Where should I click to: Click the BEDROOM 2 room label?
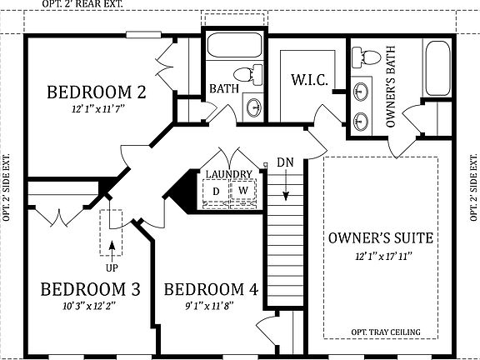pos(97,91)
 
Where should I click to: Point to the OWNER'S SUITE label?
pos(380,238)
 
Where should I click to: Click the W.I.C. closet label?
pos(307,80)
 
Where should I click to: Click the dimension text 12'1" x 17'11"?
pos(380,255)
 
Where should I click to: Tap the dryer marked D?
pos(216,192)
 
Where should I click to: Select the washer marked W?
pos(243,192)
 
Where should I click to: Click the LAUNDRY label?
pos(229,173)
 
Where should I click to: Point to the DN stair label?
pos(285,161)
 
